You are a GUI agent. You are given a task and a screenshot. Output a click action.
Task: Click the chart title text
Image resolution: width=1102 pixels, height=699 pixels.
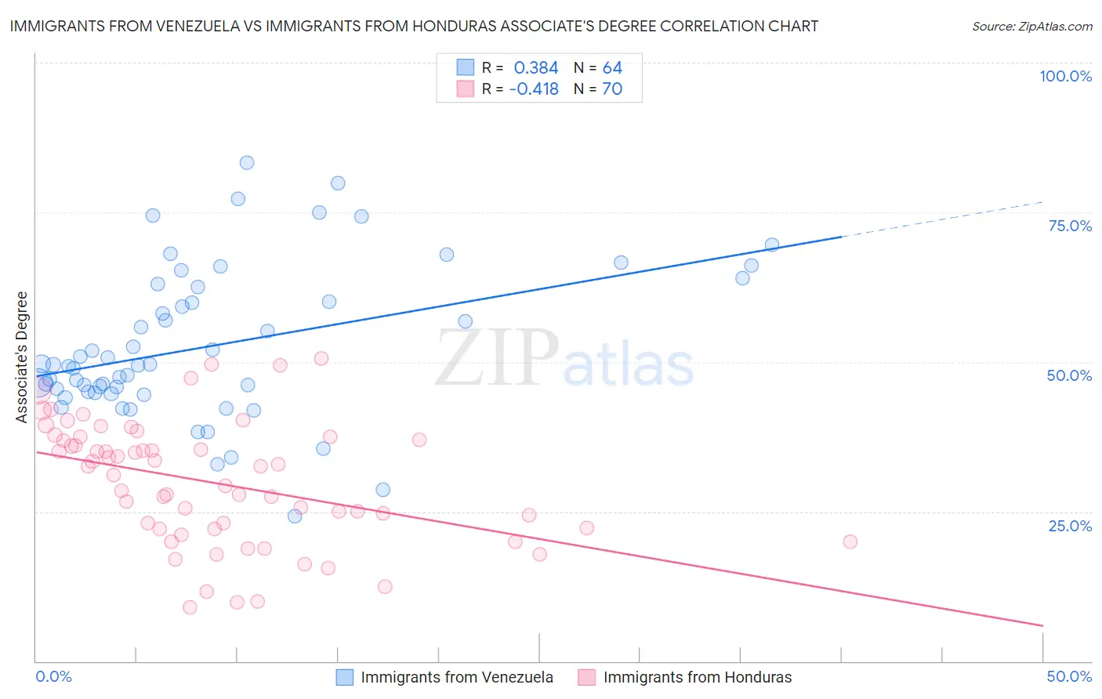tap(414, 26)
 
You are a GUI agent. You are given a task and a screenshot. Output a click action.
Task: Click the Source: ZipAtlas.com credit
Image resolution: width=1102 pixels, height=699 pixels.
tap(1031, 26)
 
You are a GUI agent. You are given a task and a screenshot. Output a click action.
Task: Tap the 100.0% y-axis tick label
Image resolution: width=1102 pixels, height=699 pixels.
tap(1065, 76)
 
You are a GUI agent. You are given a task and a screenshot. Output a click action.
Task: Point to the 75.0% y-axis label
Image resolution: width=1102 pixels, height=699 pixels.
tap(1070, 226)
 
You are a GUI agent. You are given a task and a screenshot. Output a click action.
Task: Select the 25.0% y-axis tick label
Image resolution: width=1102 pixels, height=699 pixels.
tap(1070, 525)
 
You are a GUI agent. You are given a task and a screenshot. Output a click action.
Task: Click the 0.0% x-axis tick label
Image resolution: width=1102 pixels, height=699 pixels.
tap(53, 676)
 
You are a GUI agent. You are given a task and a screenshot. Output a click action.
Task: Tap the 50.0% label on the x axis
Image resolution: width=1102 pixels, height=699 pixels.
tap(1069, 676)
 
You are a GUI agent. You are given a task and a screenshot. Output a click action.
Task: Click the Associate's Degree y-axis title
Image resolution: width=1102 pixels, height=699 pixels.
tap(22, 357)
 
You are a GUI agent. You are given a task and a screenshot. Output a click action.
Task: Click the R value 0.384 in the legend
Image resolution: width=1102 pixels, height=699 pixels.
tap(536, 68)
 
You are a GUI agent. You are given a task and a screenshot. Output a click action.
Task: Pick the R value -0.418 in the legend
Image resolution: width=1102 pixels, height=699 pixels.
tap(534, 89)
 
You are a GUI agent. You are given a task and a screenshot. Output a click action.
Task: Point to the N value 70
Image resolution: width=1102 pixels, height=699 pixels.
tap(612, 89)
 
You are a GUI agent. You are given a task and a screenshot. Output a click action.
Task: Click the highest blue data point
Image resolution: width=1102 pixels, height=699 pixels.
tap(247, 163)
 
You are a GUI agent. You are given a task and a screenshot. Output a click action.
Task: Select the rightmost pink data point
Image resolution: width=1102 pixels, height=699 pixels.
tap(850, 541)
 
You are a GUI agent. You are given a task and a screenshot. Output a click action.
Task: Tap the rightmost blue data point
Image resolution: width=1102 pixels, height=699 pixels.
tap(772, 244)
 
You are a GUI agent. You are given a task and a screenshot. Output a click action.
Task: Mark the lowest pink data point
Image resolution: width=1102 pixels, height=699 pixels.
tap(190, 607)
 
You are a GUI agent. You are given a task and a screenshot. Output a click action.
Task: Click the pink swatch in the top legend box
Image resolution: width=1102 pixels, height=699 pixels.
tap(466, 89)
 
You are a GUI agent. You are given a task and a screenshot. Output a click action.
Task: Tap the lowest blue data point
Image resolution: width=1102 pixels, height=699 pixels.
tap(295, 516)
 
